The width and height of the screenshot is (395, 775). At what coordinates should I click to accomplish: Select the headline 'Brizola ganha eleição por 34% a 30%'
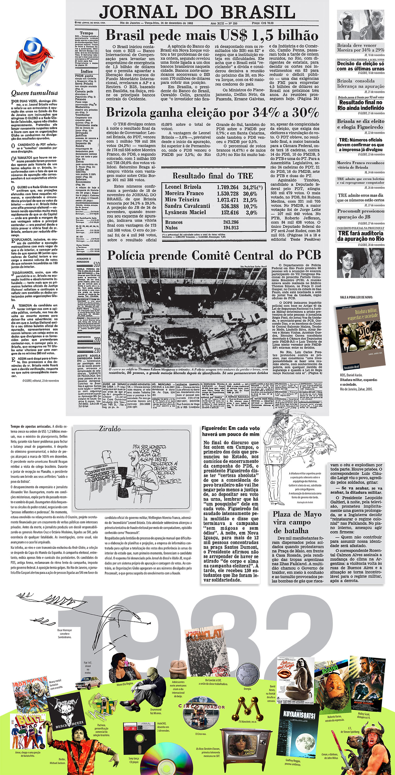212,113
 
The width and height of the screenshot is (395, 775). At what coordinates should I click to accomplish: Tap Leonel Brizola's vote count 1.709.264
228,187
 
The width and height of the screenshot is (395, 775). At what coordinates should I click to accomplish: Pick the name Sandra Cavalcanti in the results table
187,206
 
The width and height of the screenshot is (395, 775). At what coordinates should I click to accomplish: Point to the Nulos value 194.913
231,228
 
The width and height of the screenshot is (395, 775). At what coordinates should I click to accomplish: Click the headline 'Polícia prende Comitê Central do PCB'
214,255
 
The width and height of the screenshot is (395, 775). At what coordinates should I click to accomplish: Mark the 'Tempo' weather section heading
86,33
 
